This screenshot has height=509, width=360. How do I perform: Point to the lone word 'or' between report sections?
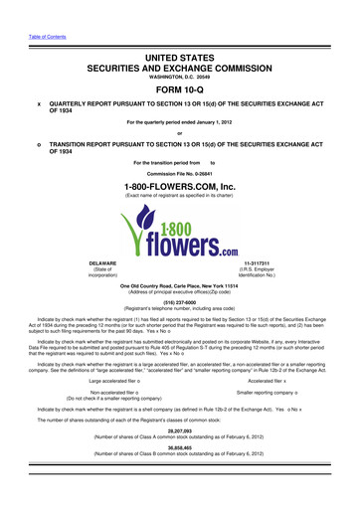point(180,135)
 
